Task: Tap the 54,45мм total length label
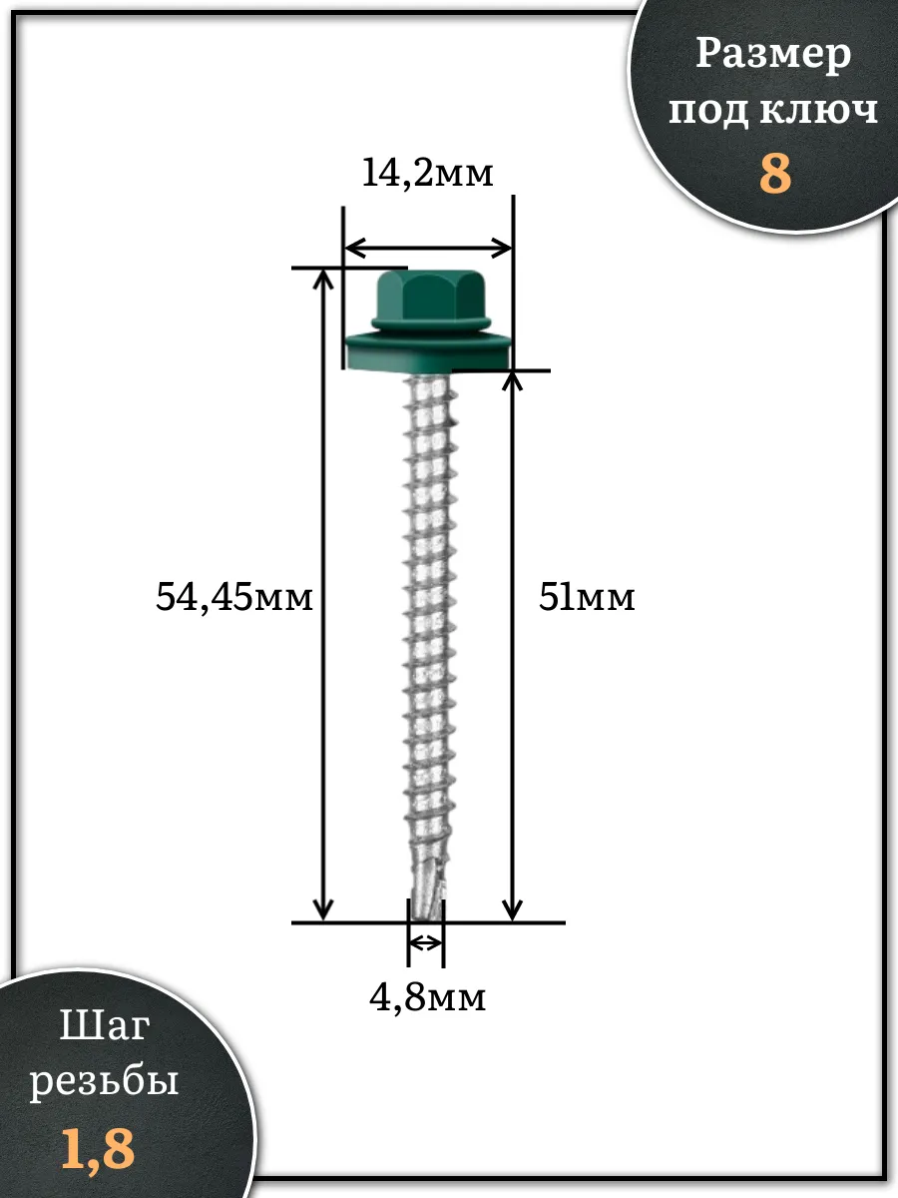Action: point(233,598)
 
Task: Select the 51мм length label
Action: point(587,597)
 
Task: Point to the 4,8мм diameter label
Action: point(427,998)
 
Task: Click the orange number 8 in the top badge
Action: point(775,173)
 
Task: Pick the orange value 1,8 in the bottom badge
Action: point(98,1149)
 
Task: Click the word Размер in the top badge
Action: point(773,56)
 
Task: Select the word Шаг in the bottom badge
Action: point(104,1025)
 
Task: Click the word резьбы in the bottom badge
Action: point(104,1082)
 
